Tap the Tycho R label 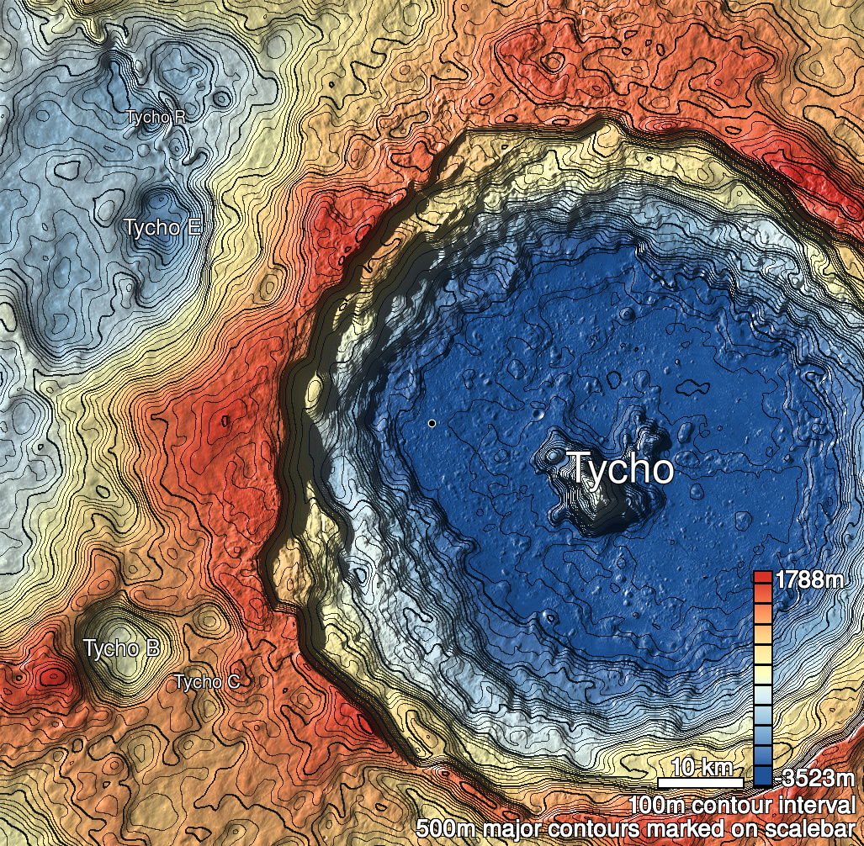[156, 117]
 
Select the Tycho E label [162, 227]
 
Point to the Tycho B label [121, 648]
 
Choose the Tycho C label [207, 682]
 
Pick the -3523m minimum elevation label [817, 776]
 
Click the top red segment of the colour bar [763, 578]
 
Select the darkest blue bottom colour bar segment [763, 777]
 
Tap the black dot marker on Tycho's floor [432, 423]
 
